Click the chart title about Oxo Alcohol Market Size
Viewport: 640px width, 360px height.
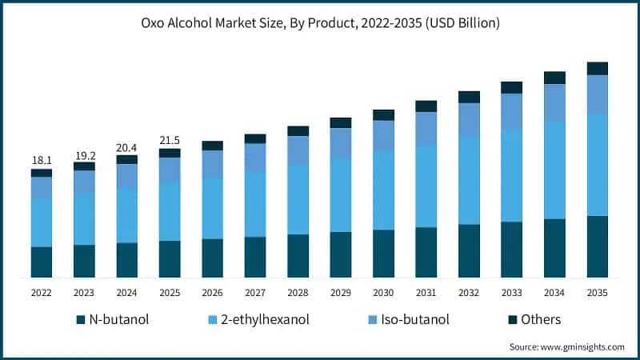320,23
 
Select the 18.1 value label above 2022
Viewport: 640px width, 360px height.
42,161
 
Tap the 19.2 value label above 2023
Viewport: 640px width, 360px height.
84,154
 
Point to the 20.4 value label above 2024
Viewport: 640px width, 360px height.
126,147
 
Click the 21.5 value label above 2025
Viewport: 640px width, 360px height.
170,140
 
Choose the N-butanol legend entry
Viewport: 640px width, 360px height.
112,320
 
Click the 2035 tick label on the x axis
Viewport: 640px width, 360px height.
598,293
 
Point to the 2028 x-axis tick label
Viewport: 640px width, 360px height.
298,293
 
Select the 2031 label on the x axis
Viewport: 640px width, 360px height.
426,293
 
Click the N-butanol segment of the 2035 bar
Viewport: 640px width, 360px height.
598,246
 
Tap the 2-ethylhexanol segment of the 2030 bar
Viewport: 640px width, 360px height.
383,190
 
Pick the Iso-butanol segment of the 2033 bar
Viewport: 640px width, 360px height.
511,111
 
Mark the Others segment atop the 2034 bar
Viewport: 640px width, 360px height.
554,78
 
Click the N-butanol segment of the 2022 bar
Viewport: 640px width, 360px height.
42,262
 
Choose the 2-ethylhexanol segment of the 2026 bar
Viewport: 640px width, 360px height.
212,207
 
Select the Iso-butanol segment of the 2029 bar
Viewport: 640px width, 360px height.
341,143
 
